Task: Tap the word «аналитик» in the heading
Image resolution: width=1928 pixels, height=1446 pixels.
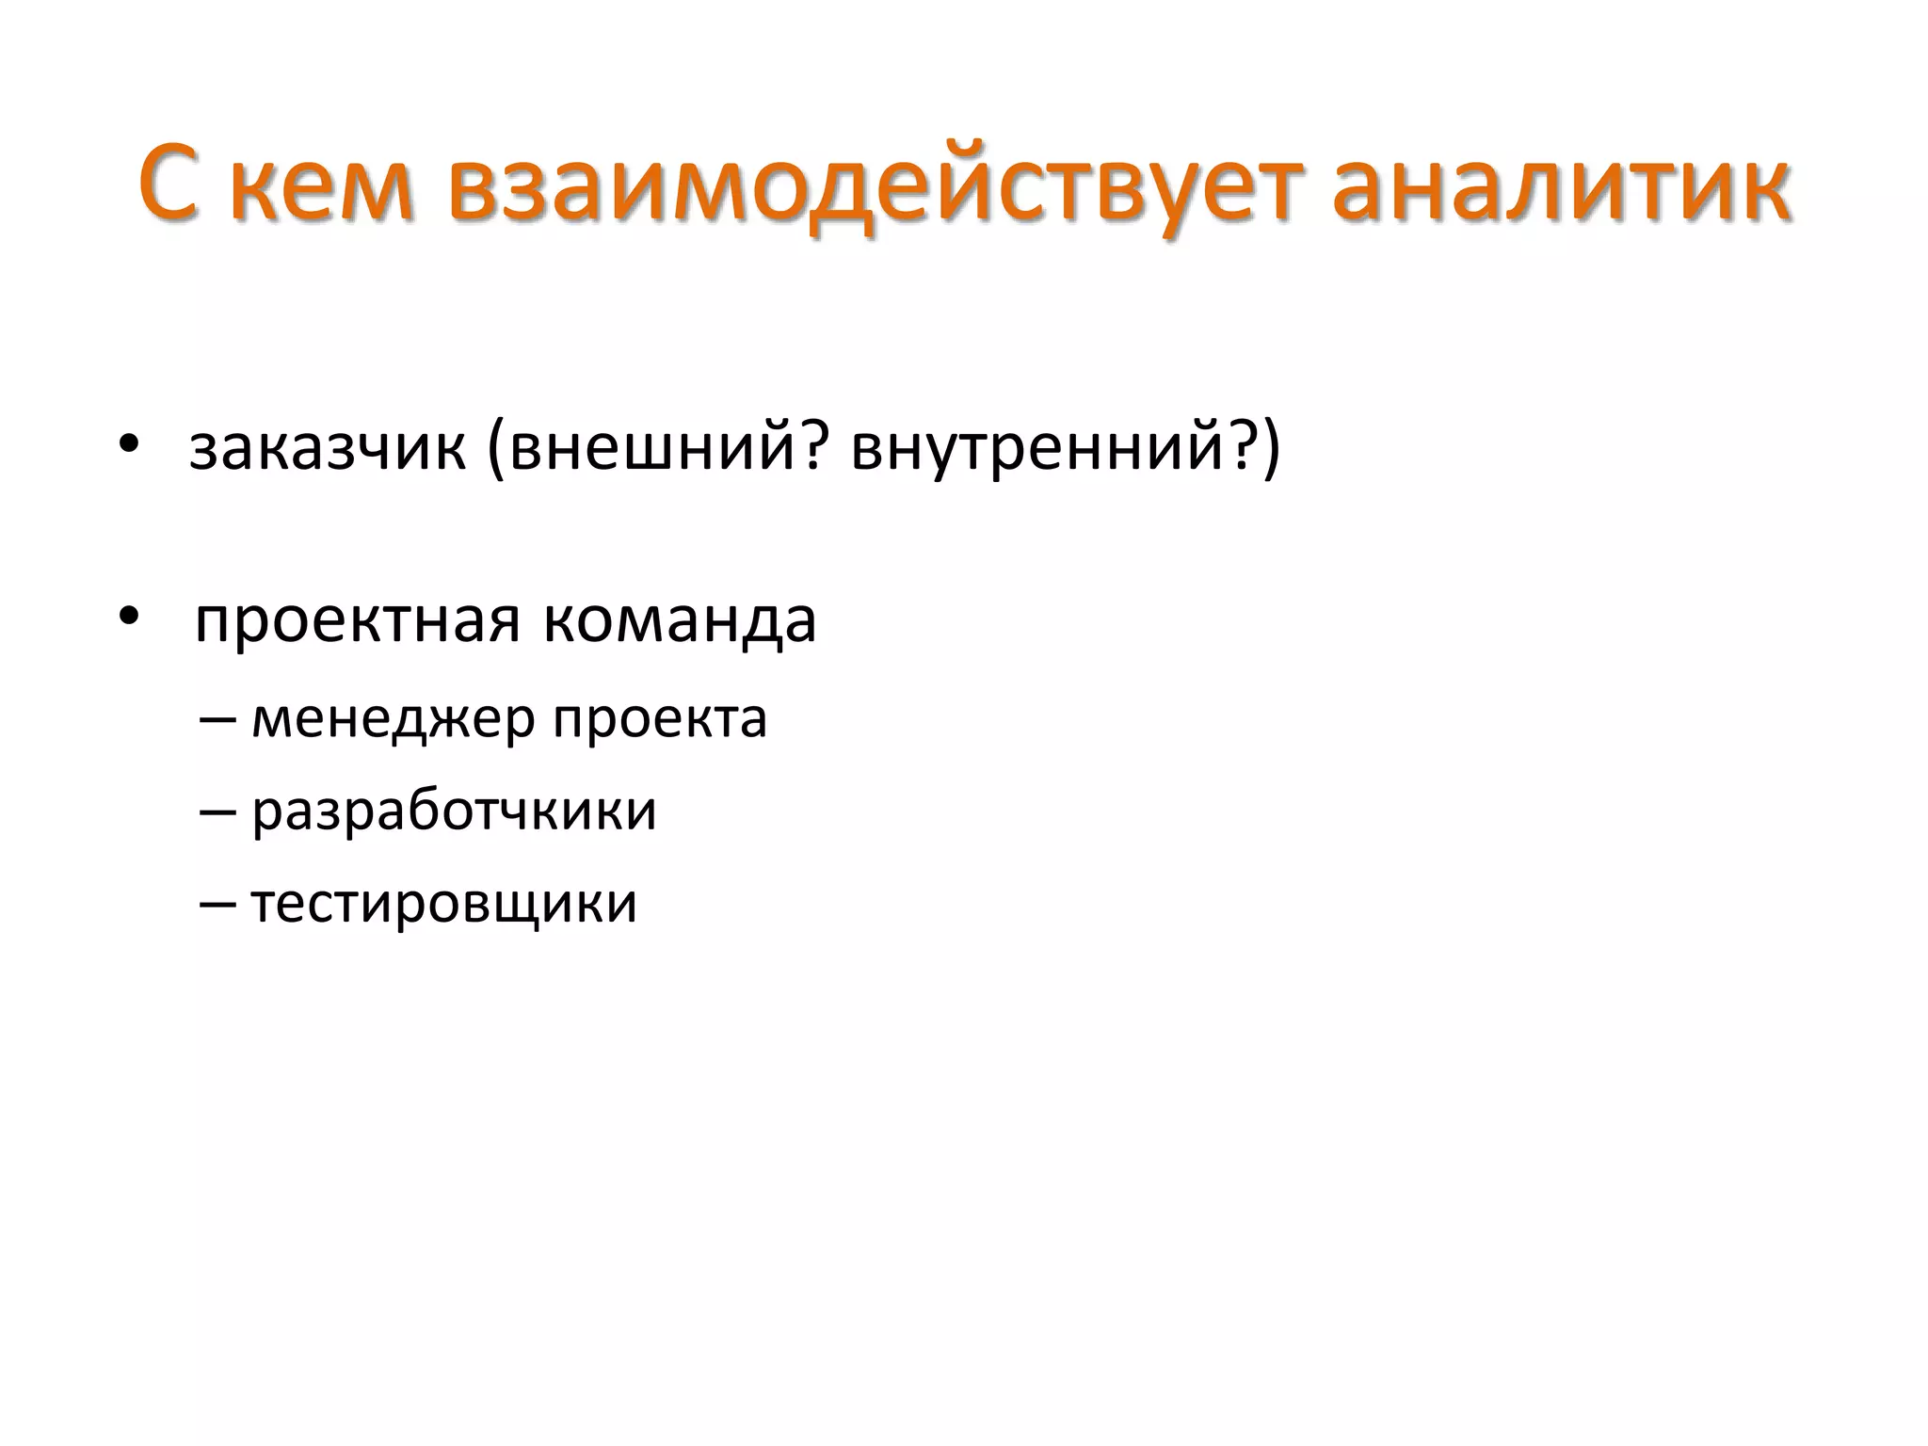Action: point(1561,184)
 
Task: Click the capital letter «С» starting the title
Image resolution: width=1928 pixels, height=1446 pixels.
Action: point(171,184)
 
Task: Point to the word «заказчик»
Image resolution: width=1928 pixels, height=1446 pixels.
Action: point(327,447)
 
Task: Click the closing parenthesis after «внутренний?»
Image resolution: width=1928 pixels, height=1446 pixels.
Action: point(1272,447)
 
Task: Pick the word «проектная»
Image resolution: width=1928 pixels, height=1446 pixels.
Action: point(357,622)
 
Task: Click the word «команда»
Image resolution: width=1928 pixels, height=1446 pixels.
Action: point(679,622)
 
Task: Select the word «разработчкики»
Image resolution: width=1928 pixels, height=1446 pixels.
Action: point(454,811)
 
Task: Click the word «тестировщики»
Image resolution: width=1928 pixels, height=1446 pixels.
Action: point(443,904)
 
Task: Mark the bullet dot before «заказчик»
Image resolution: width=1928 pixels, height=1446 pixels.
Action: point(129,443)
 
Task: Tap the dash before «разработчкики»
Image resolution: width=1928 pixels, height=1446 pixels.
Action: point(217,812)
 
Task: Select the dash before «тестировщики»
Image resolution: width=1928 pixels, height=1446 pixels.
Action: point(217,905)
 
